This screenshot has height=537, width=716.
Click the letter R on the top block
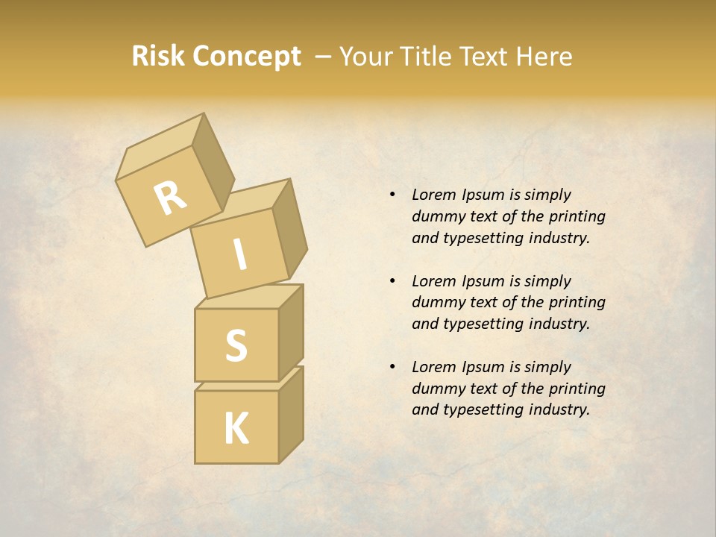pos(171,198)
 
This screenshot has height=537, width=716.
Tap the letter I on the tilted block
pos(239,256)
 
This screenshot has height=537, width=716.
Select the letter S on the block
pos(236,345)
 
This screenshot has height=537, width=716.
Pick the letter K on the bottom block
pos(236,429)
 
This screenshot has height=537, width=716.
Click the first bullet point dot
pos(392,195)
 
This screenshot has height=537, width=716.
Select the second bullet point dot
pos(392,282)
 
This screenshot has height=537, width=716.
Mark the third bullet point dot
pos(392,368)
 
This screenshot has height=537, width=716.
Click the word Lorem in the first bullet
pos(433,195)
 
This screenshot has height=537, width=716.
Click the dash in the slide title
pos(324,57)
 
